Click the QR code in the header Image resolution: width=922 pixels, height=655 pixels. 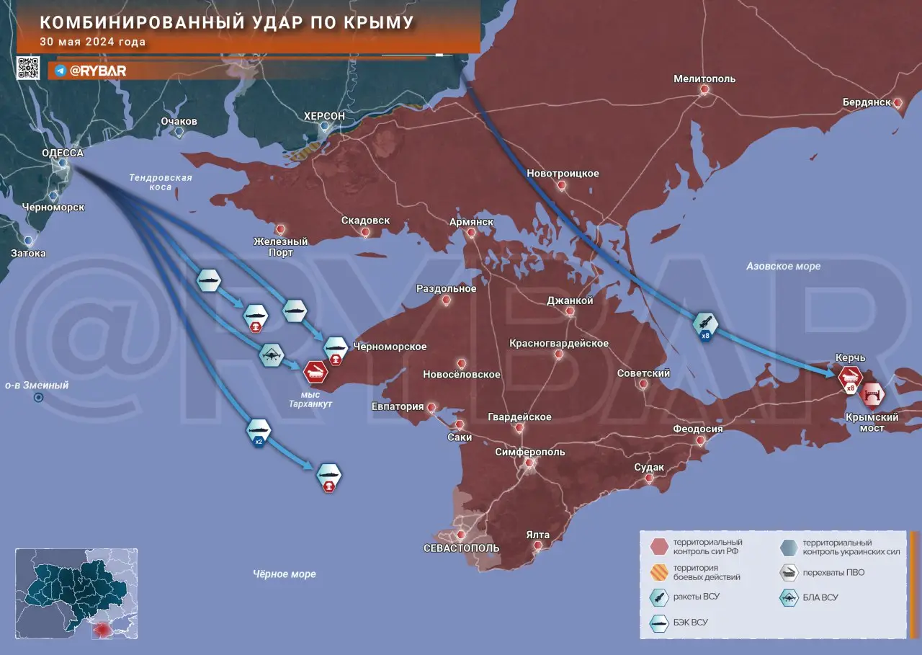tap(28, 67)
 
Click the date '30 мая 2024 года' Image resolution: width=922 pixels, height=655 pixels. tap(93, 42)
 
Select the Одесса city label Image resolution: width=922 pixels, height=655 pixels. tap(63, 153)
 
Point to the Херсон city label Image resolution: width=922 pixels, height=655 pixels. tap(324, 116)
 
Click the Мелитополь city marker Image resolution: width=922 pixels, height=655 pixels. tap(704, 90)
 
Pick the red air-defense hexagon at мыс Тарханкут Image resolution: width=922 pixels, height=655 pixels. tap(315, 371)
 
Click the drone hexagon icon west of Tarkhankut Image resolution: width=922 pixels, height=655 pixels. tap(272, 354)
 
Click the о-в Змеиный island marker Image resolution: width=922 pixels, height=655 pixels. tap(39, 397)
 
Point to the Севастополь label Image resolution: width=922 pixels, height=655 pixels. tap(461, 548)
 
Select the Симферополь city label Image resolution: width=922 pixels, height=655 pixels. tap(530, 452)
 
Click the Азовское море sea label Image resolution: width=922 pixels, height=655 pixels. tap(783, 267)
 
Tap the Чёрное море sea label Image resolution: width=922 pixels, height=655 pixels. tap(284, 574)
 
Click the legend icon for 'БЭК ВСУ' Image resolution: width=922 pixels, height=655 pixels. tap(659, 622)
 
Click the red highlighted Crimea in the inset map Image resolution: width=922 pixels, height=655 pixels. tap(103, 628)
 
